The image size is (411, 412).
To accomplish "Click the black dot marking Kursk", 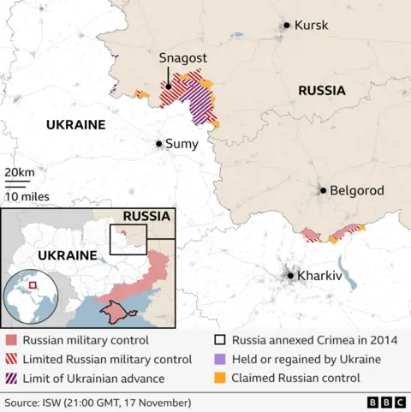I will point(287,26).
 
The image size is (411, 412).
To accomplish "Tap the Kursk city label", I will point(311,26).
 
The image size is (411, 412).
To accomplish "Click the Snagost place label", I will point(181,58).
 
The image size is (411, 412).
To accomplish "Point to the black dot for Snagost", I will point(170,86).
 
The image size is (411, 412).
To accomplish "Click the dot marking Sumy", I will point(159,144).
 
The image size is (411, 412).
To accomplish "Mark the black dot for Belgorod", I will point(324,191).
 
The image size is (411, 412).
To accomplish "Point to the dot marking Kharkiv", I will point(291,276).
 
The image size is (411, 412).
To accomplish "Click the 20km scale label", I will point(20,173).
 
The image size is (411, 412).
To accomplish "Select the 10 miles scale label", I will point(27,196).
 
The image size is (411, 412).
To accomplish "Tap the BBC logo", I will point(384,402).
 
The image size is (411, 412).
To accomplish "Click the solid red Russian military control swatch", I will point(10,341).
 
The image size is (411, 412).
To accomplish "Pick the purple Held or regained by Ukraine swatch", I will point(219,359).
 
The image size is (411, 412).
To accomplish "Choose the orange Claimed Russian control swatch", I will point(219,378).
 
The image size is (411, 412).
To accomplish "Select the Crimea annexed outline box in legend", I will point(219,341).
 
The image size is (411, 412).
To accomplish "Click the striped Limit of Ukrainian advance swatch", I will point(10,378).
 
